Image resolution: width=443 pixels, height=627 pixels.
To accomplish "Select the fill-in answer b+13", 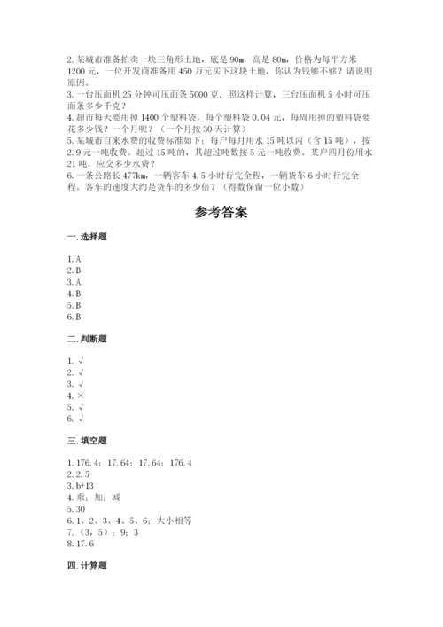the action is click(x=85, y=487).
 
